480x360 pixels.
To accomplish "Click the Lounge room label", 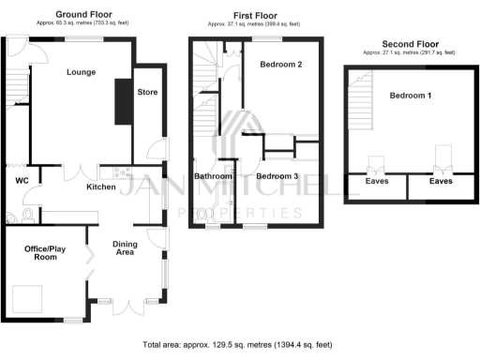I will [x=81, y=72].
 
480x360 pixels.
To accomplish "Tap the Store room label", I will [x=147, y=92].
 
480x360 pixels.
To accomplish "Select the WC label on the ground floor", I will [x=20, y=180].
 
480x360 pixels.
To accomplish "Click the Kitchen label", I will [x=101, y=187].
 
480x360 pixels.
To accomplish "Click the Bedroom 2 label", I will [x=279, y=66].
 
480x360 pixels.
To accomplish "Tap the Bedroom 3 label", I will [x=277, y=176].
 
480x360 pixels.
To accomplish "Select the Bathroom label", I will [x=213, y=176].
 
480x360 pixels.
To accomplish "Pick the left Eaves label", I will [x=377, y=183].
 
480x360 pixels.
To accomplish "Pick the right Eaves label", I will [x=441, y=183].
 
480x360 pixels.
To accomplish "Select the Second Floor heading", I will [x=412, y=43].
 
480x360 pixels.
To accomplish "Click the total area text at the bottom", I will [x=239, y=345].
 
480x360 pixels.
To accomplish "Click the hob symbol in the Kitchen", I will [x=119, y=172].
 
